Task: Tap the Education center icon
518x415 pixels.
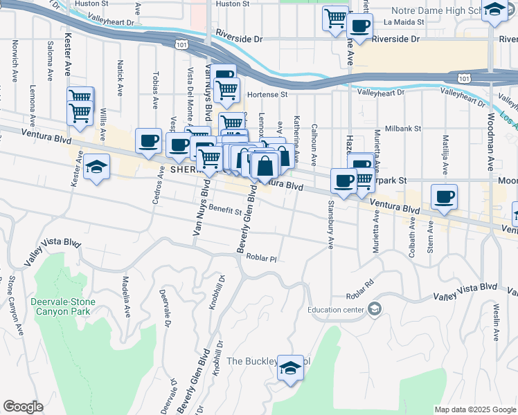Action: pos(375,308)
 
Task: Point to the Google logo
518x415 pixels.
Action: pos(23,407)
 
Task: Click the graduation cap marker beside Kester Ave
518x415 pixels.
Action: pos(96,167)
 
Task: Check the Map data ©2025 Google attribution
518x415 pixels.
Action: pos(474,409)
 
